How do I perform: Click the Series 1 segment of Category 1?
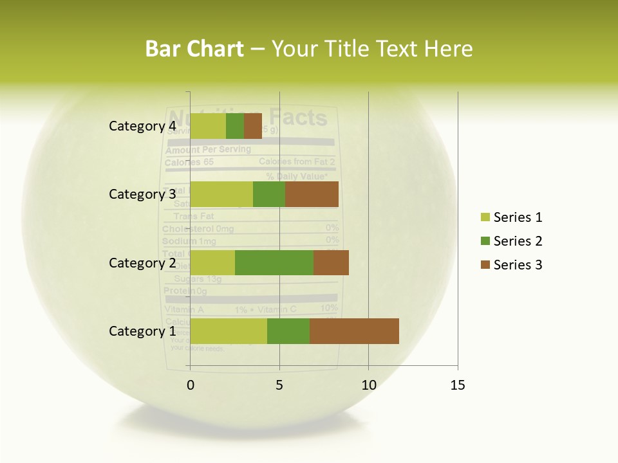(229, 331)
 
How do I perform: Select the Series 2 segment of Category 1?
(288, 331)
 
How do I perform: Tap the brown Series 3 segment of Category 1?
(354, 331)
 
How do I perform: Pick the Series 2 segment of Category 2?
(274, 262)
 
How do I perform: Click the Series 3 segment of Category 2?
(331, 262)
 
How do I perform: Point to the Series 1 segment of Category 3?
(221, 194)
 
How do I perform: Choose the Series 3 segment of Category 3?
(312, 194)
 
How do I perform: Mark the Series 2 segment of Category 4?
(235, 126)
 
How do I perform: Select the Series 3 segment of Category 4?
(253, 126)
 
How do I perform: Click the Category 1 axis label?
(142, 331)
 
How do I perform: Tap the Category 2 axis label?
(142, 262)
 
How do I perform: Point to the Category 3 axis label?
(142, 194)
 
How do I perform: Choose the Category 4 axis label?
(142, 126)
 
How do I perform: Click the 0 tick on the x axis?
(191, 385)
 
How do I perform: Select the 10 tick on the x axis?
(368, 385)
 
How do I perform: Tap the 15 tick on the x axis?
(457, 385)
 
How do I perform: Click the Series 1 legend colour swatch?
(485, 217)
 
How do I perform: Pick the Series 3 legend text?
(518, 265)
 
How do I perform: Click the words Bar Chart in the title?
(194, 48)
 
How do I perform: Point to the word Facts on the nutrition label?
(298, 118)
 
